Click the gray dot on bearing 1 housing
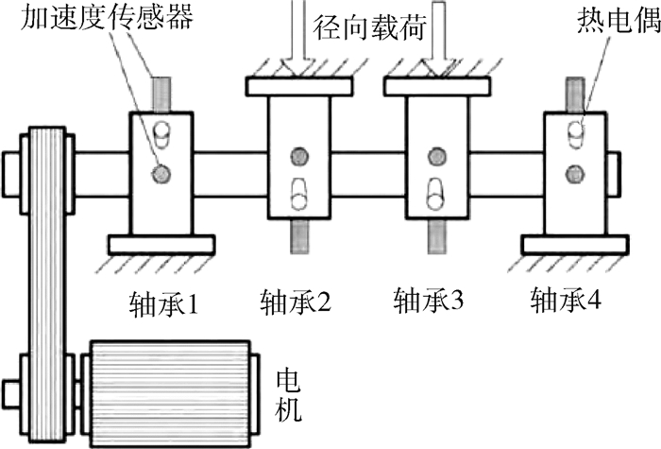coord(162,173)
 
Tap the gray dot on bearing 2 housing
coord(300,154)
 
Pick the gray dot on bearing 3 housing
coord(437,154)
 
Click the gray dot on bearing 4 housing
coord(573,172)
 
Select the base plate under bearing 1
coord(161,244)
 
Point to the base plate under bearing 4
coord(575,244)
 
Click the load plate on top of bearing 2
coord(300,86)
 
